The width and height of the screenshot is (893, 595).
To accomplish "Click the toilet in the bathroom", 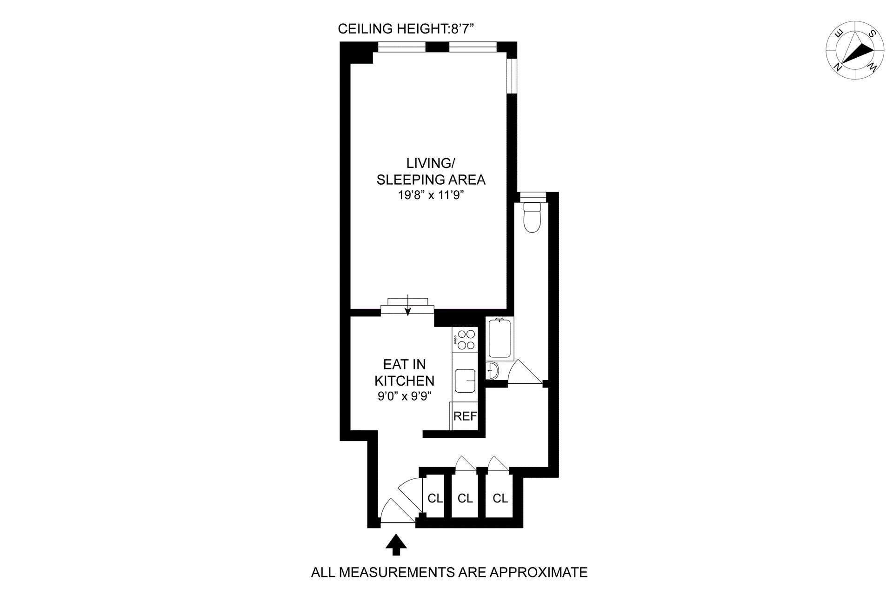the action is pos(532,218).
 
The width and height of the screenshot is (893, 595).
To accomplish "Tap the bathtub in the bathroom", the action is pos(500,338).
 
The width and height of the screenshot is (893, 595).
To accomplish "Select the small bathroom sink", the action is pos(493,371).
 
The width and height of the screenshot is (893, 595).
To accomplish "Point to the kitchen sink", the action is pos(465,381).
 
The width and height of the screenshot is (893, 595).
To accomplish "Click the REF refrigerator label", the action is pos(465,416).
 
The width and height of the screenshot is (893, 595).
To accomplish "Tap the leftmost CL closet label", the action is pos(435,499).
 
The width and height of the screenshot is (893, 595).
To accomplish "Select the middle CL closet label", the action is pos(465,499).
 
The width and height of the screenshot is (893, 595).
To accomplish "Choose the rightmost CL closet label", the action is pos(500,499).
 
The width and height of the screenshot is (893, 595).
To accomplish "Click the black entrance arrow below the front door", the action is pos(396,544).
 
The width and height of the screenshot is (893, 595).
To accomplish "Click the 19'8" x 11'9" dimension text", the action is pos(431,195).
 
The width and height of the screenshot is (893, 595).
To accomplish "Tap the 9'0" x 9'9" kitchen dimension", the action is pos(405,396).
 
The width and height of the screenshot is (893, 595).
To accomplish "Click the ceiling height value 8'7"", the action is pos(462,29).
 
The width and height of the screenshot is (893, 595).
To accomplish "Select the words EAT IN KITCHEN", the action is pos(405,372).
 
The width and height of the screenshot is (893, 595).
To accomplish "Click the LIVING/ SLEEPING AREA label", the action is pos(431,171).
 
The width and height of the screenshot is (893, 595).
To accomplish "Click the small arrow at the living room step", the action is pos(408,305).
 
